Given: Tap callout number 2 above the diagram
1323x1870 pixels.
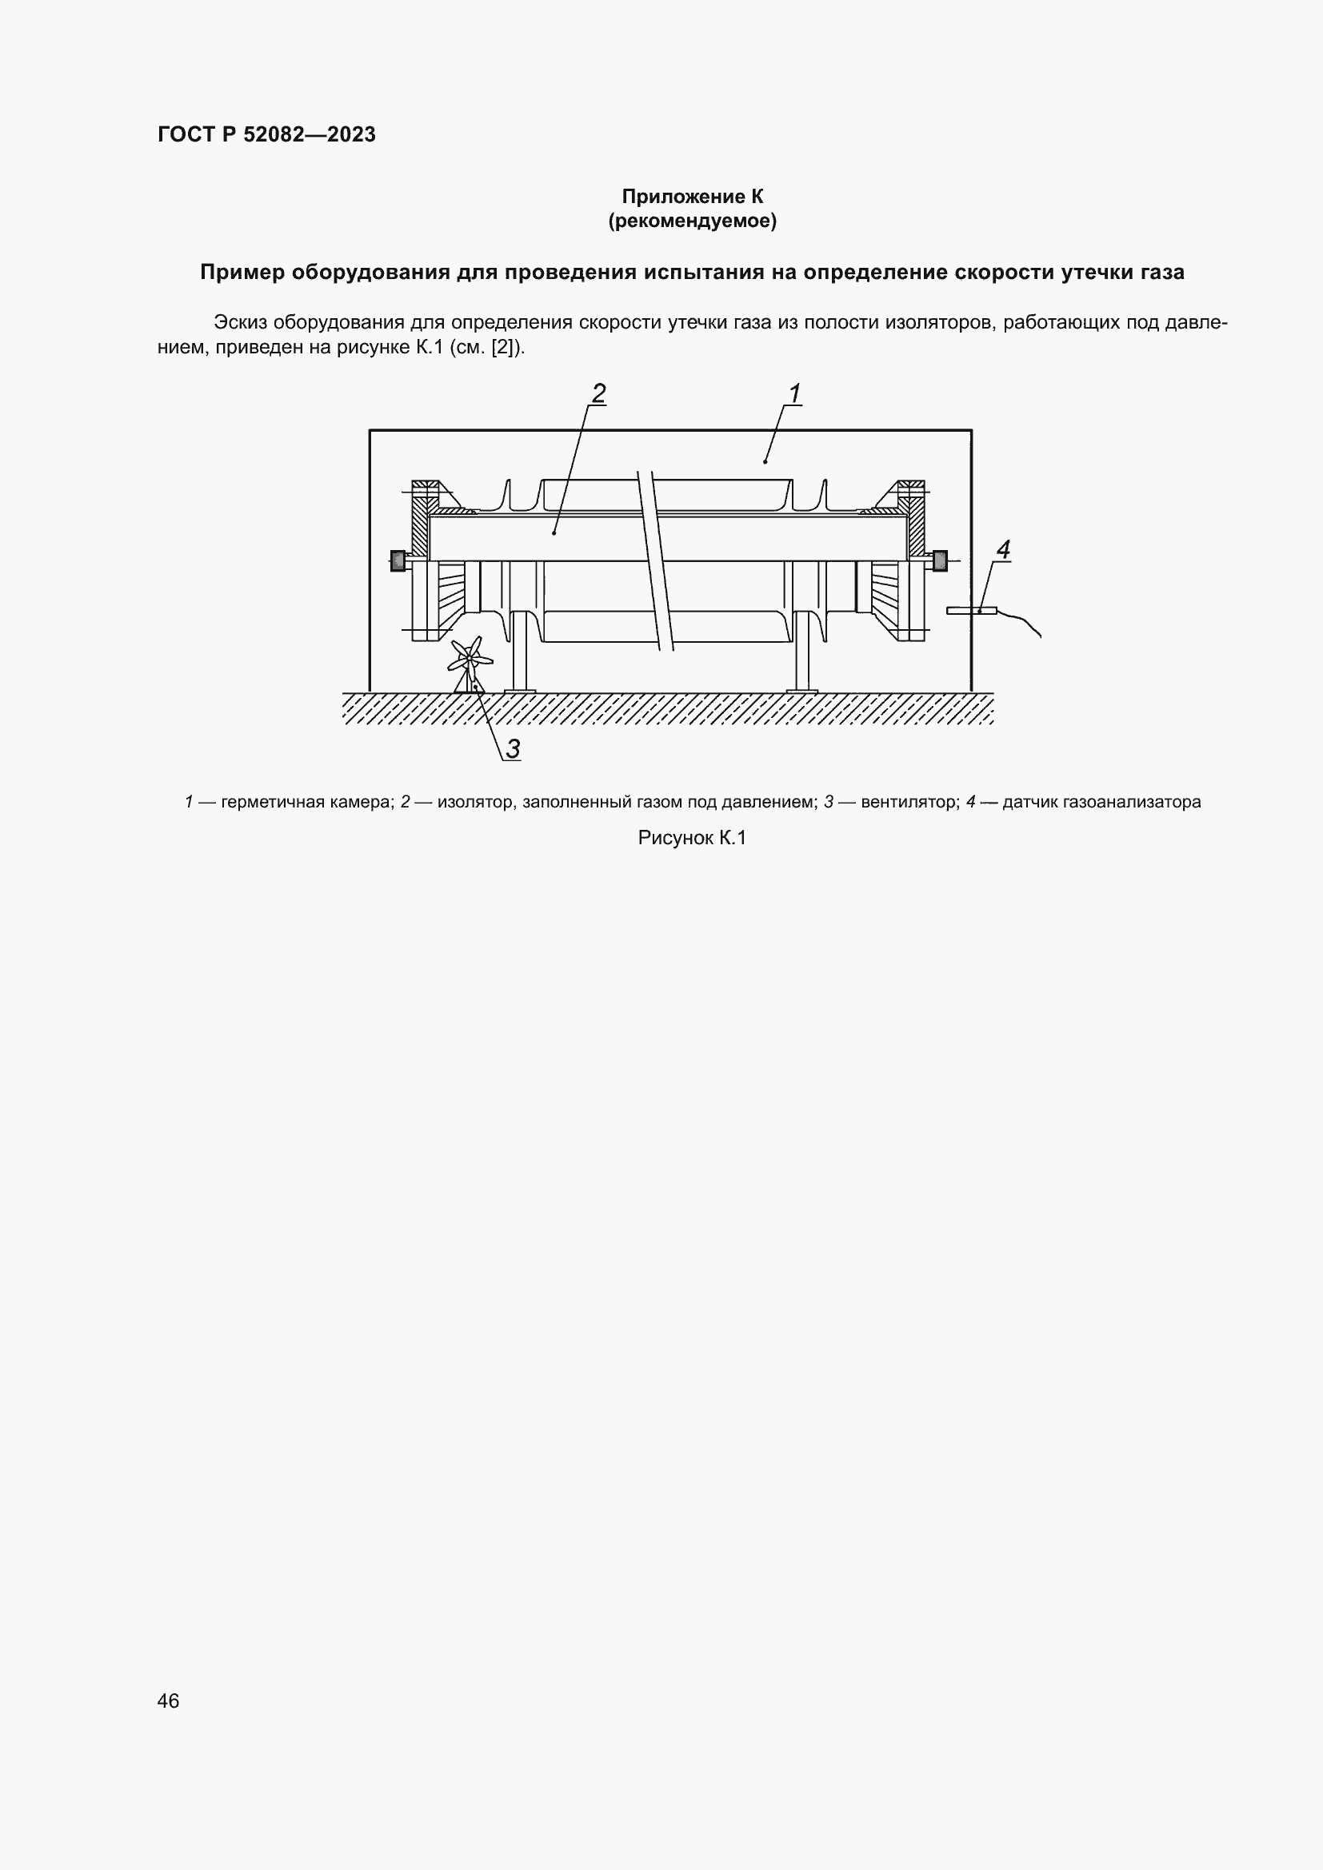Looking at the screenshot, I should click(599, 393).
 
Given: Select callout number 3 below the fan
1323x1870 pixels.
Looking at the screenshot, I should click(513, 748).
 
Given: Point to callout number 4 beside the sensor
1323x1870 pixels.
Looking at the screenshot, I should click(1003, 550).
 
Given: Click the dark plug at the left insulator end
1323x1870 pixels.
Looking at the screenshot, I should click(398, 560).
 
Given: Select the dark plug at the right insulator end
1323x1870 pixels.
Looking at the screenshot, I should click(939, 560).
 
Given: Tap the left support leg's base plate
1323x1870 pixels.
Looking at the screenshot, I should click(520, 692).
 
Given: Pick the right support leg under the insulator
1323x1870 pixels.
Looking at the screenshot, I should click(801, 660).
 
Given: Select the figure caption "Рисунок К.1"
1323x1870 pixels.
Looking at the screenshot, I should click(692, 838).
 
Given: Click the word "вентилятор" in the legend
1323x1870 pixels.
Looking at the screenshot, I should click(908, 802).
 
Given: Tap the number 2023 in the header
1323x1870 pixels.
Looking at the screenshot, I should click(352, 135).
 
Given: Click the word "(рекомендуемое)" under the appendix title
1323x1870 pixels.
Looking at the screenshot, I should click(692, 221).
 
